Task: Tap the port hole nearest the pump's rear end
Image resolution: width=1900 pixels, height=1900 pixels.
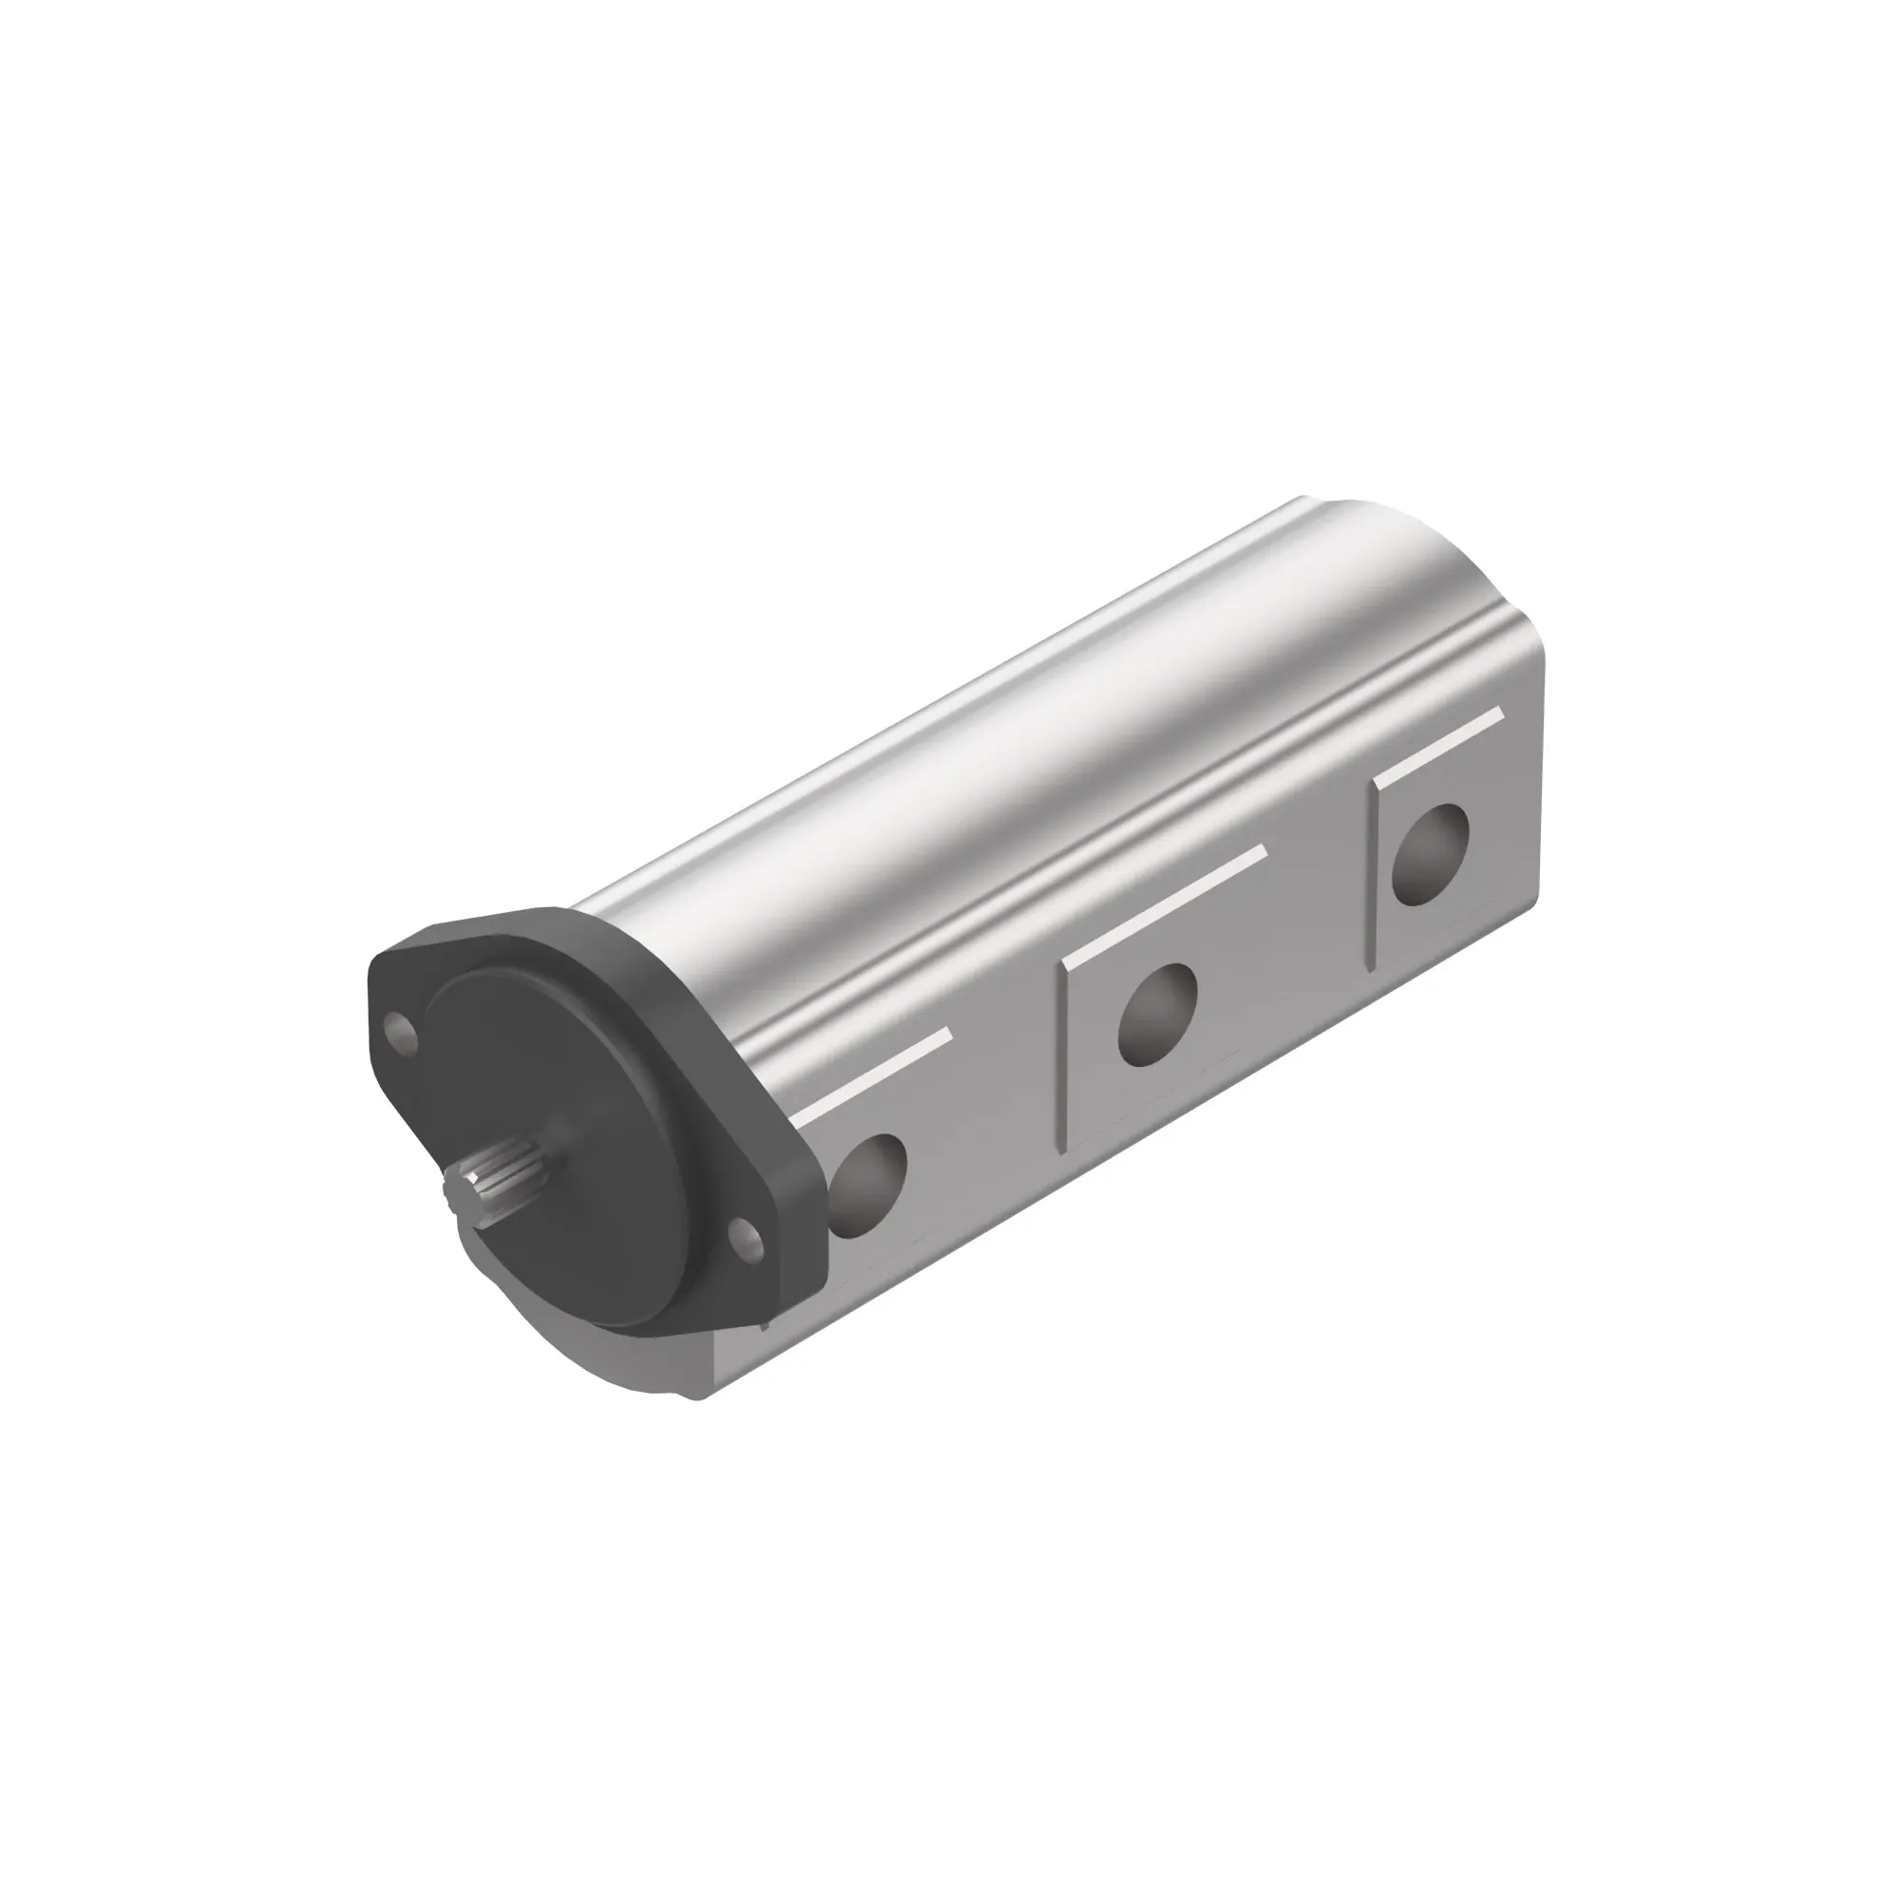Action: pos(1431,856)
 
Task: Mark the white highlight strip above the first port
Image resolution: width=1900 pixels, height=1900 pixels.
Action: pos(875,1077)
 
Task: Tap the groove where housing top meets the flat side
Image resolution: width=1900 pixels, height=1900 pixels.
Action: pos(1082,856)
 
